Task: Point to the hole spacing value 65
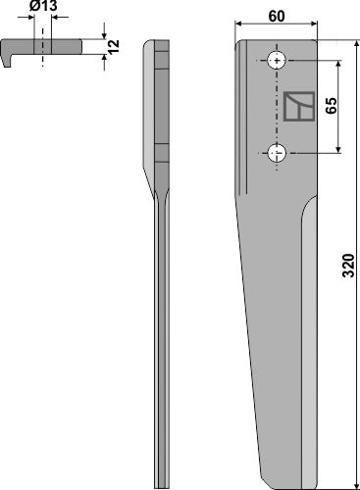coord(332,106)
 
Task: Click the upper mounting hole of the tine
coord(278,61)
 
